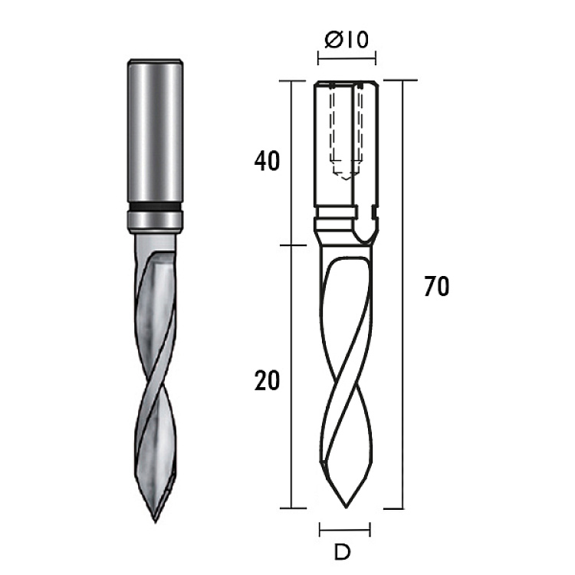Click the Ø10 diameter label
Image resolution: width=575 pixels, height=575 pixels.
[x=347, y=39]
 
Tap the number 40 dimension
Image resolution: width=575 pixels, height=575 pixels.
[x=267, y=161]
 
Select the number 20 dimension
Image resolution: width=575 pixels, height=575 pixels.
[x=267, y=380]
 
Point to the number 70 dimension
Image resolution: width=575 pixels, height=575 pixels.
[x=436, y=287]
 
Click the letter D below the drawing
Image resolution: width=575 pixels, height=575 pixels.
[x=342, y=552]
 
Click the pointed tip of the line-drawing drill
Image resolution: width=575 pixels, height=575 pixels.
[x=346, y=508]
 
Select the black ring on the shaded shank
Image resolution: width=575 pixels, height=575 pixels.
[x=155, y=206]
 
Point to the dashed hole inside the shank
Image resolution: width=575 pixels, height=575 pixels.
[x=346, y=132]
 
